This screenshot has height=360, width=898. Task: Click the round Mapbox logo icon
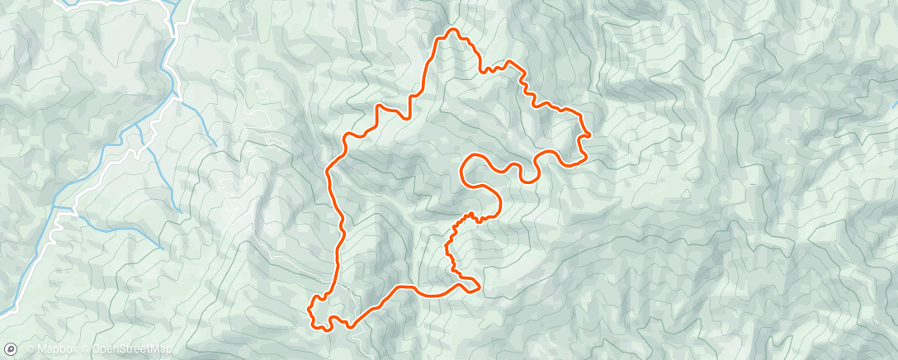(x=11, y=349)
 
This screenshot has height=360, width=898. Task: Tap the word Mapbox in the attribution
(x=57, y=350)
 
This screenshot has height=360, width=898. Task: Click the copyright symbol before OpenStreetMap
(x=85, y=350)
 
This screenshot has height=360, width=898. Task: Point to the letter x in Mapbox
(x=74, y=350)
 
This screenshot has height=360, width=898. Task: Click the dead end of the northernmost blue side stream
(x=216, y=146)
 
